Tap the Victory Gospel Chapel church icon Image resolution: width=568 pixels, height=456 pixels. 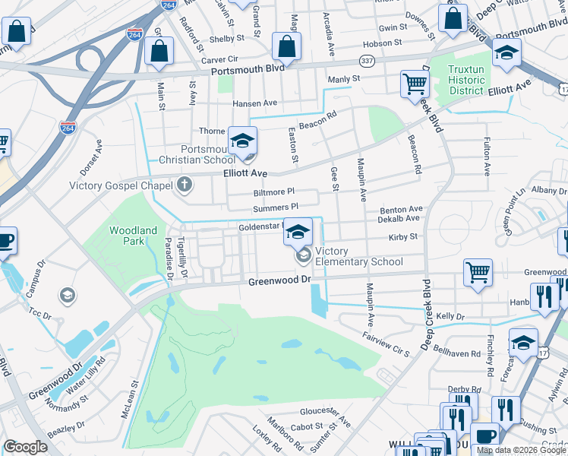pos(183,185)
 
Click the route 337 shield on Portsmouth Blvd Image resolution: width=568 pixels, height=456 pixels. pos(367,60)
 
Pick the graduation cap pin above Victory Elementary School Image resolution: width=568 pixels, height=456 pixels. pos(298,231)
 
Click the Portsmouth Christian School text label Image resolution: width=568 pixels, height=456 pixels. pos(197,154)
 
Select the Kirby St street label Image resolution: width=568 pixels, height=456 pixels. pos(403,237)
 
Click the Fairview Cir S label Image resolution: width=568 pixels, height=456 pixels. pos(386,344)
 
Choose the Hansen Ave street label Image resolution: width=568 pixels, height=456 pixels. pos(255,103)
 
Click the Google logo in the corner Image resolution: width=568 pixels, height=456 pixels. pos(25,447)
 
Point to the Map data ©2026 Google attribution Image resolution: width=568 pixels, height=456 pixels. pos(521,450)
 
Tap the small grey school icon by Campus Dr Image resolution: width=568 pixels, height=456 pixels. pos(67,295)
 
